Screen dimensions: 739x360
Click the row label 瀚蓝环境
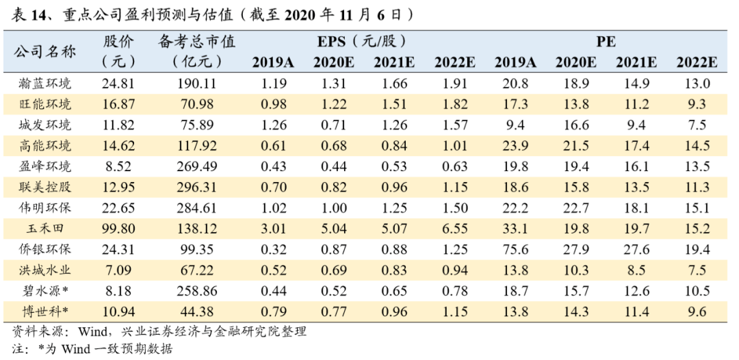pos(45,84)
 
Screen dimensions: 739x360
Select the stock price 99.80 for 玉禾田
pos(118,229)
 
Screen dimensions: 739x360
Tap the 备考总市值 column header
pos(196,42)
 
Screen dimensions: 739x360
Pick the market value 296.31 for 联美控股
pos(197,187)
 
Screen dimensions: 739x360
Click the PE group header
pos(606,42)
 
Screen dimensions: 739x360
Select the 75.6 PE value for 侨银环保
pos(515,249)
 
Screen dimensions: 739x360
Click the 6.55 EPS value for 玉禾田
pos(454,229)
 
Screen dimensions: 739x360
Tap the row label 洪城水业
pos(45,270)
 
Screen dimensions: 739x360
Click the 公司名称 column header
pos(45,51)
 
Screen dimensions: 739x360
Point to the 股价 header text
pos(118,42)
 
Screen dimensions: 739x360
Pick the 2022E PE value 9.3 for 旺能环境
pos(697,104)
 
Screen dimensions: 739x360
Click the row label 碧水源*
pos(45,291)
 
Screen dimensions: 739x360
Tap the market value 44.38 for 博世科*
pos(197,311)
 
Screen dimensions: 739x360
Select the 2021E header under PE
pos(636,63)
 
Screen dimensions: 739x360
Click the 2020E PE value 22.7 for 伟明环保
pos(576,208)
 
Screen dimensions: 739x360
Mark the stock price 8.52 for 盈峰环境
pos(118,166)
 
